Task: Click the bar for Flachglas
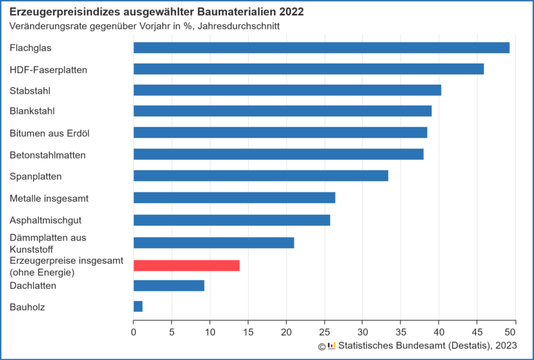(322, 48)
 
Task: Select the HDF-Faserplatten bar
(309, 69)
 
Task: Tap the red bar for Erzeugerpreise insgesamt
(187, 265)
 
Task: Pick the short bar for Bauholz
(138, 306)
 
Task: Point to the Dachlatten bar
(169, 285)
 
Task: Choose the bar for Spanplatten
(261, 176)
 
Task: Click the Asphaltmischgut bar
(232, 220)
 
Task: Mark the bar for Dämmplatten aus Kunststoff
(214, 242)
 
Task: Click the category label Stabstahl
(29, 91)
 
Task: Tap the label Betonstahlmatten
(47, 155)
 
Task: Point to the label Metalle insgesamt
(49, 198)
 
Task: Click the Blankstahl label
(32, 111)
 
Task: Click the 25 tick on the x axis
(325, 332)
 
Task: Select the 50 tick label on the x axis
(515, 332)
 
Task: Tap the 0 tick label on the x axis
(133, 332)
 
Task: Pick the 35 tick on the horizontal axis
(401, 332)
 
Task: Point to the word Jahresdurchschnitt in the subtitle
(245, 27)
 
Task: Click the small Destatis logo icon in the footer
(331, 346)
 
